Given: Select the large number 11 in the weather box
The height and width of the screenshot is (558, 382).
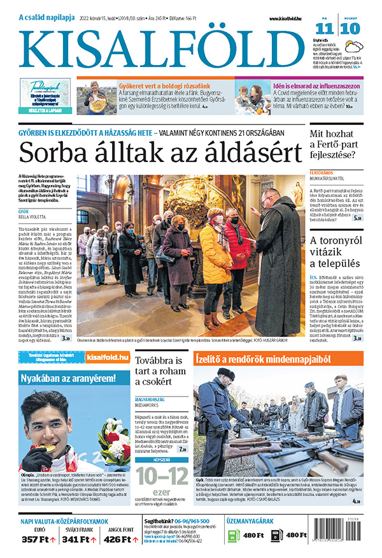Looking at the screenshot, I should point(325,29).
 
